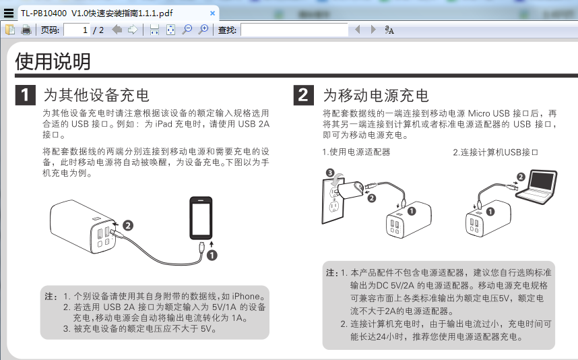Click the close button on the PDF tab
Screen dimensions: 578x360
pos(212,13)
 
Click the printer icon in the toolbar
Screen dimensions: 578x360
pos(26,30)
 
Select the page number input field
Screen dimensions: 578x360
pos(77,30)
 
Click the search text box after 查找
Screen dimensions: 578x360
pos(294,30)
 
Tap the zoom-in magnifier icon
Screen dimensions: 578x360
pos(203,30)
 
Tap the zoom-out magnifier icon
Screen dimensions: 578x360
pos(187,30)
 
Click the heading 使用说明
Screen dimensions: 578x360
pos(53,61)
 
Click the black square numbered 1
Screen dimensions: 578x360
pos(25,95)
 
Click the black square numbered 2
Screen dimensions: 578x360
pos(303,95)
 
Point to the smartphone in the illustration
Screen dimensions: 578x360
pos(201,218)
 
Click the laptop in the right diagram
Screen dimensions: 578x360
pos(536,187)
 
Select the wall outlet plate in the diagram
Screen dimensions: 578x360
pos(333,202)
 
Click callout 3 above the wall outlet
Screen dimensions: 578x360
pos(330,173)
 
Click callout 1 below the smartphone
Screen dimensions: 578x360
pos(212,256)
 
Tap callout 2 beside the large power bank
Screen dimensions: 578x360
pos(127,225)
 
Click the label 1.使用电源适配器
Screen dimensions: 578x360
pos(356,152)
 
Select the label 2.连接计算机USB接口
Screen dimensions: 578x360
pos(495,152)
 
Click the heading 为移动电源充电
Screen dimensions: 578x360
pos(376,95)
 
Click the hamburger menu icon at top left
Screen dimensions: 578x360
pos(9,13)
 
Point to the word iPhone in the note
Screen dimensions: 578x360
pos(246,296)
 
